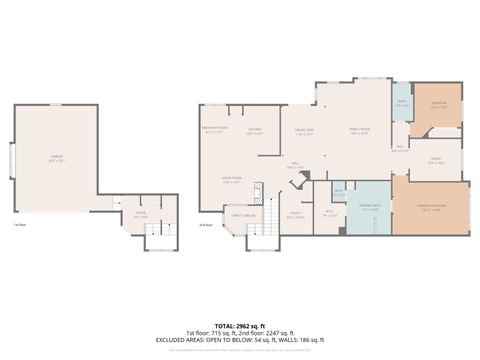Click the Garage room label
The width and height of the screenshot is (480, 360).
tap(56, 158)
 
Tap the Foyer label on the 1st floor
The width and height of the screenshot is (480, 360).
tap(140, 213)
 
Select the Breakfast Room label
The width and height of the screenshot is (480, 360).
tap(214, 131)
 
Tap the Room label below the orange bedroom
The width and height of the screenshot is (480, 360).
tap(436, 161)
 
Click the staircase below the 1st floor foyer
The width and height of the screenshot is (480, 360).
tap(159, 236)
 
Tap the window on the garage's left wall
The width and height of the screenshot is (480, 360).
tap(11, 158)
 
